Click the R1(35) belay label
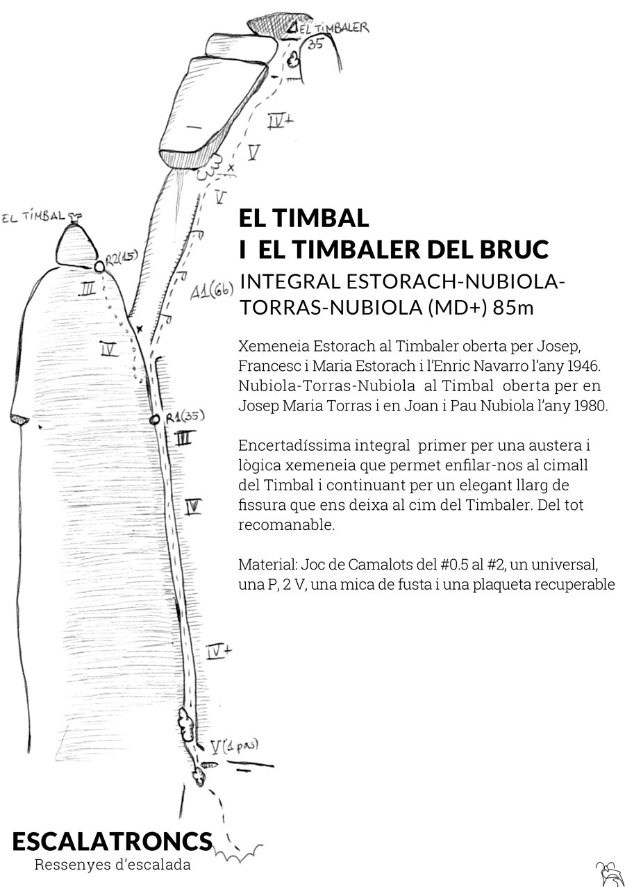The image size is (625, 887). (x=185, y=416)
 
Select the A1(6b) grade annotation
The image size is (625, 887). (x=211, y=292)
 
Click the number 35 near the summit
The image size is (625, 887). (x=315, y=44)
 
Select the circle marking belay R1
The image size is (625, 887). (x=154, y=419)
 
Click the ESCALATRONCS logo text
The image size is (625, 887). (x=112, y=841)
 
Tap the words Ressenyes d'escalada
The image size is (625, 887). (x=112, y=865)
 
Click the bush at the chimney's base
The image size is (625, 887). (x=186, y=722)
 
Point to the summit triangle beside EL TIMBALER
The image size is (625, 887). (x=293, y=27)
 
